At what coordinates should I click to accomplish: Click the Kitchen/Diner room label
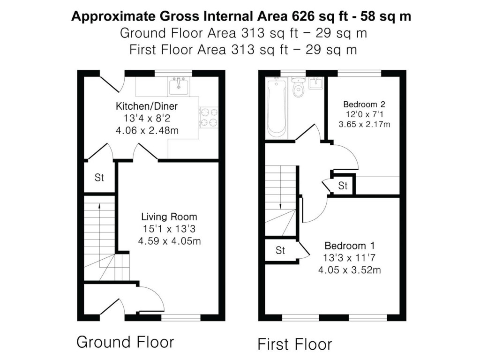click(147, 106)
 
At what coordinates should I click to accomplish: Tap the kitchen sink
click(179, 86)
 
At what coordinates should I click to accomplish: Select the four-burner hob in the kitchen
click(209, 117)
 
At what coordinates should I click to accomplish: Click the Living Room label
click(169, 217)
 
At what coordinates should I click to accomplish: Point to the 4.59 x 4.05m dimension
click(169, 241)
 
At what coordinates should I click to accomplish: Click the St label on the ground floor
click(99, 178)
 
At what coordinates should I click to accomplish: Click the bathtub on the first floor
click(277, 107)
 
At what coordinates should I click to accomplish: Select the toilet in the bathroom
click(298, 87)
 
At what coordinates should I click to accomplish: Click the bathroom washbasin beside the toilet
click(315, 83)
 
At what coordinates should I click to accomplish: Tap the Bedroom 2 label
click(364, 105)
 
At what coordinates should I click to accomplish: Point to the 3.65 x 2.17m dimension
click(364, 124)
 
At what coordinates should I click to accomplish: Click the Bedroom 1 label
click(350, 246)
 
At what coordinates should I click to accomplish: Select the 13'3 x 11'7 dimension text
click(349, 258)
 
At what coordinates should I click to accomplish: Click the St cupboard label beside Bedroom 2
click(343, 186)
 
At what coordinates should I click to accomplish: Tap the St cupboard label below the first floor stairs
click(280, 250)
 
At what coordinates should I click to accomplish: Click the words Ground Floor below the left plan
click(125, 342)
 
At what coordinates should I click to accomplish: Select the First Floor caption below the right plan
click(295, 344)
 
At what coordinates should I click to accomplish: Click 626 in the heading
click(303, 16)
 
